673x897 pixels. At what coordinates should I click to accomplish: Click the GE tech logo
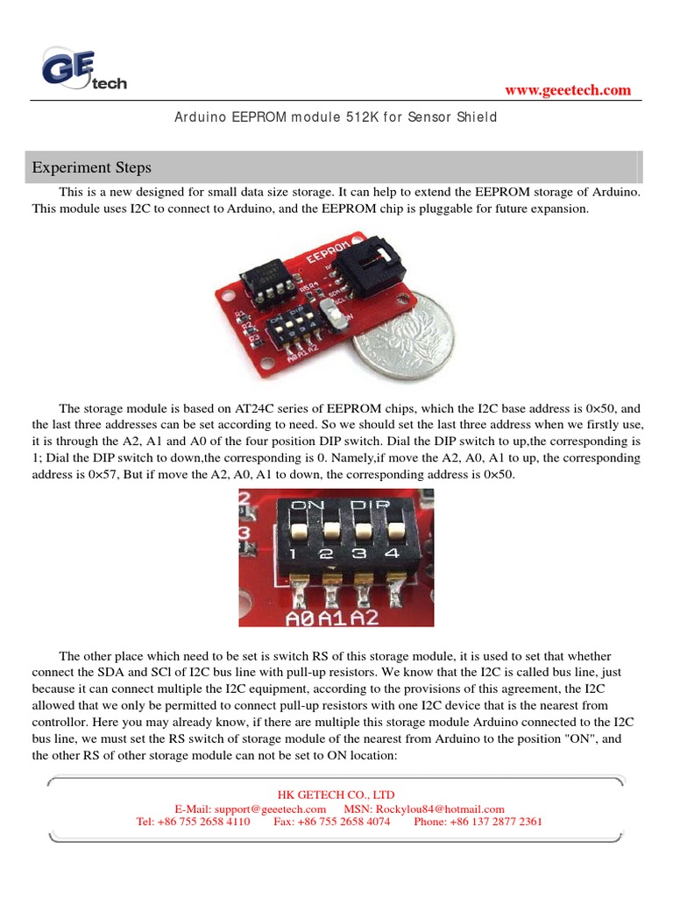(82, 70)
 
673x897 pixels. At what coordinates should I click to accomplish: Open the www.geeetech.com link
(569, 90)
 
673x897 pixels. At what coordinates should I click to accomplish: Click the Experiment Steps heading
(92, 167)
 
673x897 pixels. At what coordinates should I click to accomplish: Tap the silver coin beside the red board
(404, 335)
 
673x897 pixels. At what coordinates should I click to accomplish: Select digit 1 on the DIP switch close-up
(298, 554)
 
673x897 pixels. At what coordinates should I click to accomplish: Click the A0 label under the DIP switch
(301, 618)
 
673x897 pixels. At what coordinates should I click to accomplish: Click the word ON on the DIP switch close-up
(302, 505)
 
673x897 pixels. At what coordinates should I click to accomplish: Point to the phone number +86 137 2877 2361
(490, 822)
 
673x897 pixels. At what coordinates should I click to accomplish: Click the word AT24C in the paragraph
(256, 408)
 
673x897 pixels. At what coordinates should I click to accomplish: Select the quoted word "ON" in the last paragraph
(559, 738)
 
